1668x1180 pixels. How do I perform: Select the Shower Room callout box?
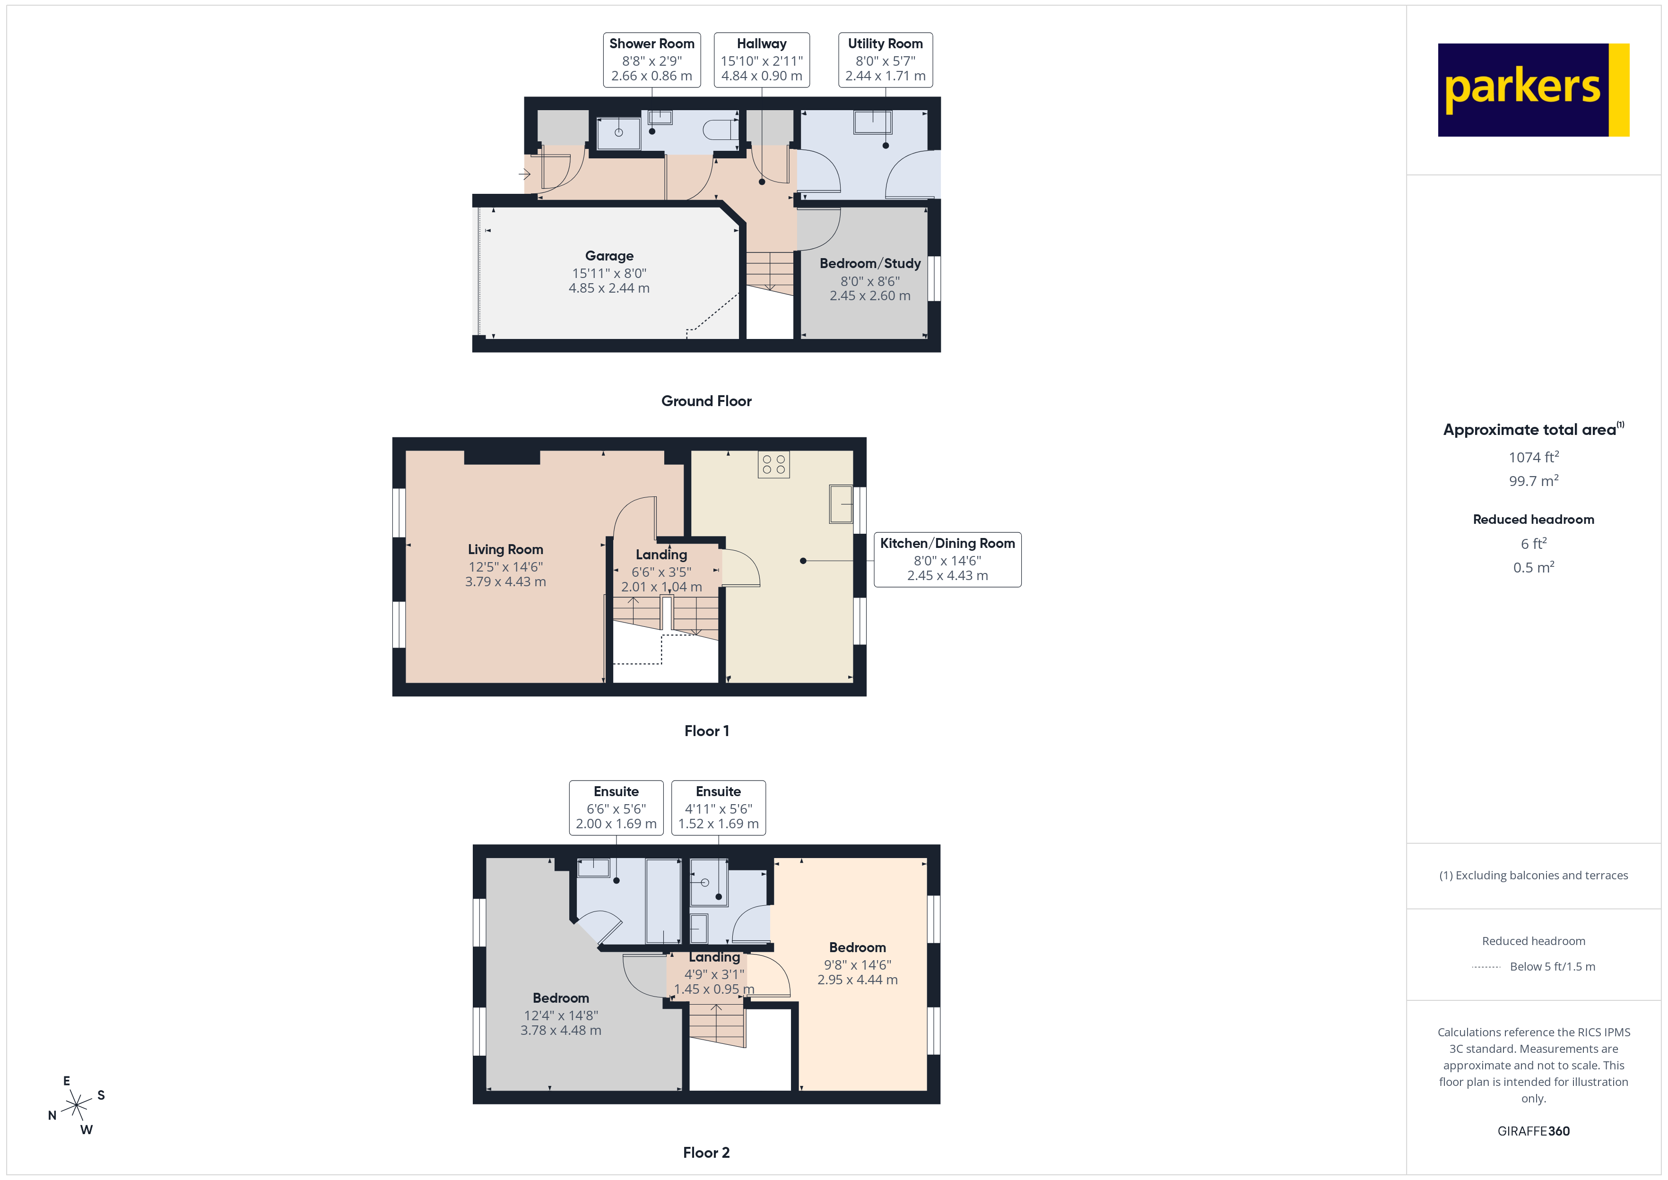[x=652, y=60]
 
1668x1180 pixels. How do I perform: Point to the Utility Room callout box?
[x=885, y=60]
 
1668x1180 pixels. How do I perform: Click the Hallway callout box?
[x=761, y=60]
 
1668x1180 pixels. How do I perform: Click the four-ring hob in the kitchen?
[x=773, y=464]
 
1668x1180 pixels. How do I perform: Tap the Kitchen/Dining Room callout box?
[x=947, y=559]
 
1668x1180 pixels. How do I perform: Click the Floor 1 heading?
[x=706, y=731]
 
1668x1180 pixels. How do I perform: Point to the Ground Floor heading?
[x=706, y=401]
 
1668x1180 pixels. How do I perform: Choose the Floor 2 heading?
[x=706, y=1153]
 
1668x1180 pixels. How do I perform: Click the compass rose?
[x=76, y=1106]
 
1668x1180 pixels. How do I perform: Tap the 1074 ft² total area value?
[x=1533, y=457]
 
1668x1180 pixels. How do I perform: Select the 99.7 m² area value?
[x=1533, y=481]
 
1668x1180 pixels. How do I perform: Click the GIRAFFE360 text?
[x=1533, y=1131]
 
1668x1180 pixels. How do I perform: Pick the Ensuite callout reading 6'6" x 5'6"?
[x=616, y=807]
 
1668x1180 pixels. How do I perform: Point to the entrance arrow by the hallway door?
[x=524, y=174]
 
